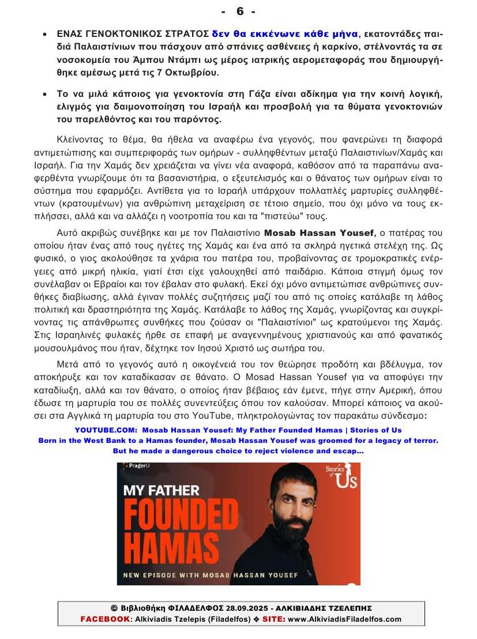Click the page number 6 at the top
(x=239, y=12)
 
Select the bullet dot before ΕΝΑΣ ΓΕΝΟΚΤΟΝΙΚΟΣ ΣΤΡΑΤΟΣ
(x=46, y=35)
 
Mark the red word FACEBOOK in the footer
(x=104, y=619)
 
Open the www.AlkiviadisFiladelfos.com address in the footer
(x=344, y=619)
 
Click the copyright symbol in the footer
(x=114, y=608)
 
